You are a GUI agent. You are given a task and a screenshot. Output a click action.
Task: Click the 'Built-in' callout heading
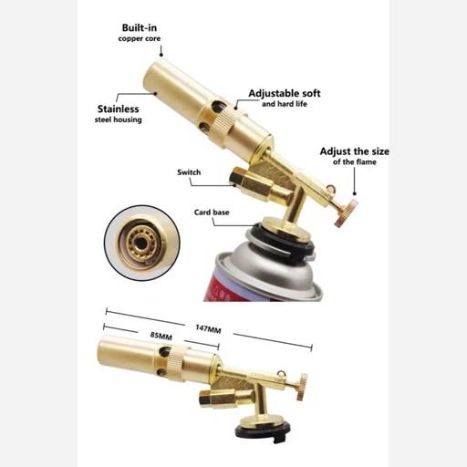[140, 27]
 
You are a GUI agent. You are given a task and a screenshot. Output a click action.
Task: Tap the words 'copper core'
[140, 38]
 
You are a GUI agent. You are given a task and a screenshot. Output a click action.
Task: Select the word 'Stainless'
[118, 109]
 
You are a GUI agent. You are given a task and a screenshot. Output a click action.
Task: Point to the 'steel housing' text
[118, 119]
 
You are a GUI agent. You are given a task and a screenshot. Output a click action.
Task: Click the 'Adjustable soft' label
[285, 93]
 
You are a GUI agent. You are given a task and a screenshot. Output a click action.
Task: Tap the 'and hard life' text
[285, 104]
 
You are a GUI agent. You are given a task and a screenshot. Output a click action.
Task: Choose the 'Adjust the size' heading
[355, 151]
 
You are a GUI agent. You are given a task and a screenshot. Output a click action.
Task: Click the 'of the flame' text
[355, 161]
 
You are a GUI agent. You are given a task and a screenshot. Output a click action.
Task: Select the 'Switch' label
[189, 172]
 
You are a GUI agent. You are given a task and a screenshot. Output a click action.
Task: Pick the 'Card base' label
[212, 213]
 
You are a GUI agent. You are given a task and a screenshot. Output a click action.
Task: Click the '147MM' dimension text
[208, 328]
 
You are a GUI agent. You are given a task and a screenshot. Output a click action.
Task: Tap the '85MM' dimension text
[161, 336]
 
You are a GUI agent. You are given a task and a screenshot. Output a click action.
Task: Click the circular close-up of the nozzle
[142, 243]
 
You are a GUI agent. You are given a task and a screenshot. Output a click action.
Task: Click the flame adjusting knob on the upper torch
[347, 213]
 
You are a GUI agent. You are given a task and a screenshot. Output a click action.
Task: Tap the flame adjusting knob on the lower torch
[303, 387]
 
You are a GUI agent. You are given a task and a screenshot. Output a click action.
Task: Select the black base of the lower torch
[264, 431]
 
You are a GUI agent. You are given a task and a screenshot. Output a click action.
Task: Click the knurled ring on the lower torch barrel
[178, 363]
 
